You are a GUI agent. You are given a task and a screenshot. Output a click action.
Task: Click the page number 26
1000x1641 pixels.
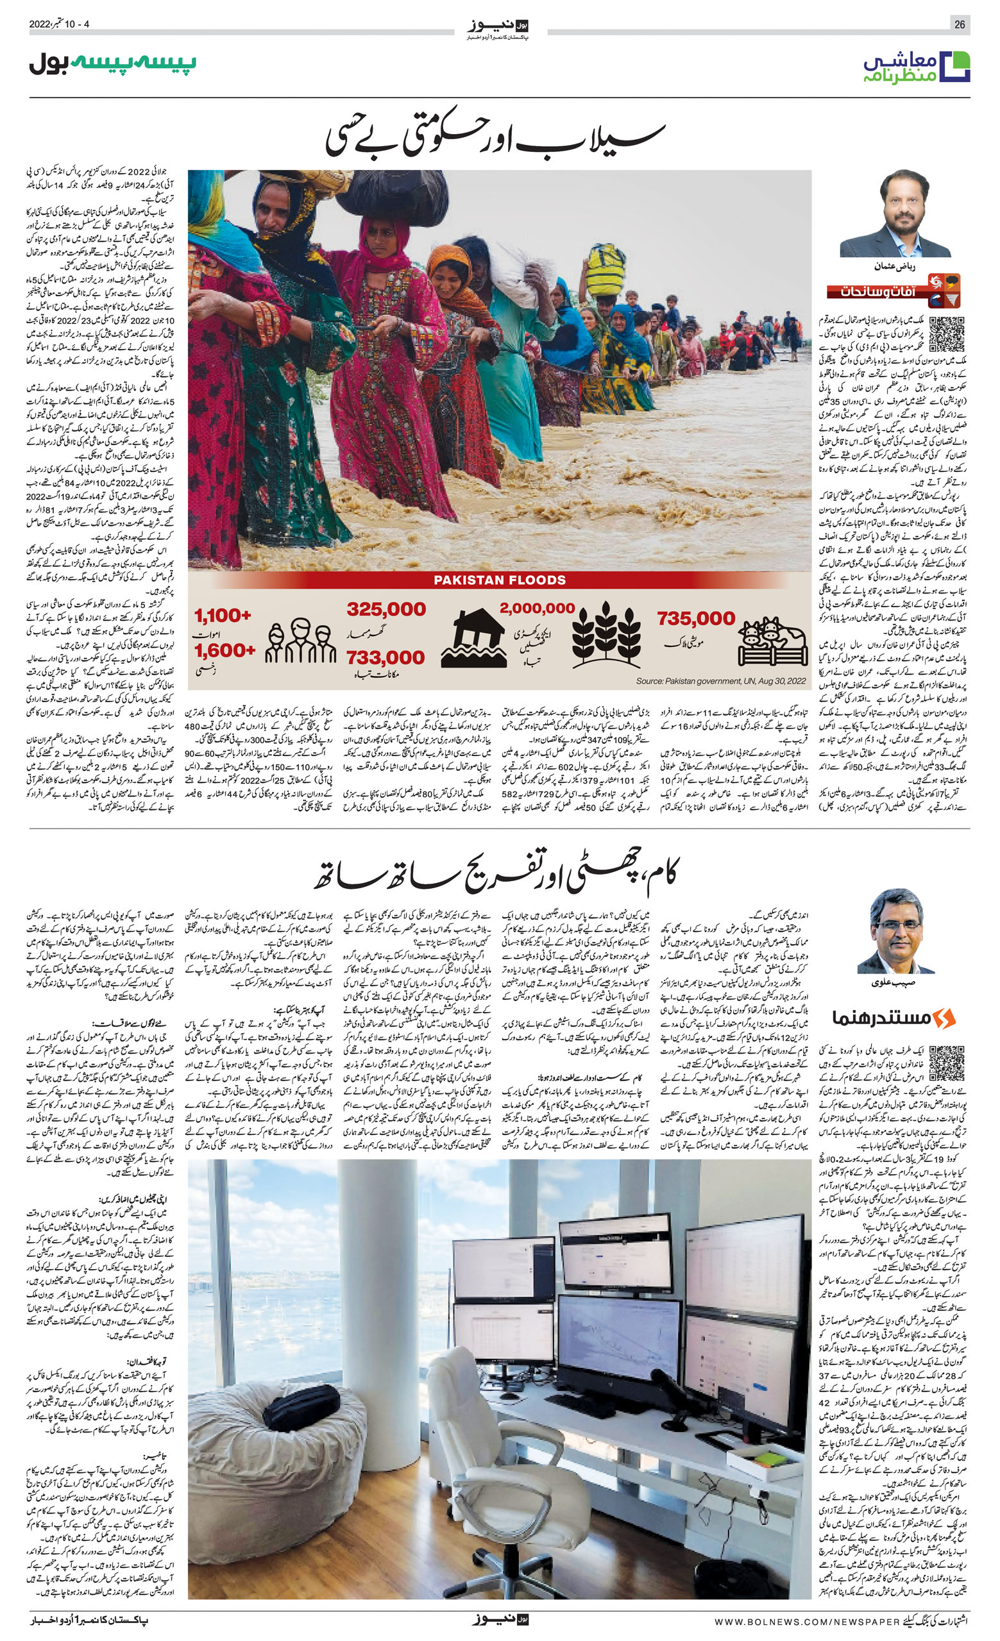pos(960,24)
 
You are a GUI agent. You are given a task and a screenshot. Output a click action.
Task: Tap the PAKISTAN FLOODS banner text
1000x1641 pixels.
pos(500,580)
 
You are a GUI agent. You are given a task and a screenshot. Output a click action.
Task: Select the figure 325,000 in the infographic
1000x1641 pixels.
pos(386,609)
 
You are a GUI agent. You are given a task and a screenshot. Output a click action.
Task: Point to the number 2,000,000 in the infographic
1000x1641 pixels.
pos(537,608)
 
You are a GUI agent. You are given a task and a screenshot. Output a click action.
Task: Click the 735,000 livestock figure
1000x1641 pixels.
pos(695,619)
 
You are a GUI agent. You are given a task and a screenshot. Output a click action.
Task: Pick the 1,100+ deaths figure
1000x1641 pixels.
pos(223,616)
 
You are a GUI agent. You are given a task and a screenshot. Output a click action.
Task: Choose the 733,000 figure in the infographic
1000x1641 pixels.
pos(385,658)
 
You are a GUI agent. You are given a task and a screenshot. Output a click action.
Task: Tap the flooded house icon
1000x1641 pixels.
pos(479,639)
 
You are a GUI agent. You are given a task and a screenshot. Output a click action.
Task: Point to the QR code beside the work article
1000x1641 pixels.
pos(946,1064)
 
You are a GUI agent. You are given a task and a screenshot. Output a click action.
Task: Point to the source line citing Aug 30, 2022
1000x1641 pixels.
pos(721,681)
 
